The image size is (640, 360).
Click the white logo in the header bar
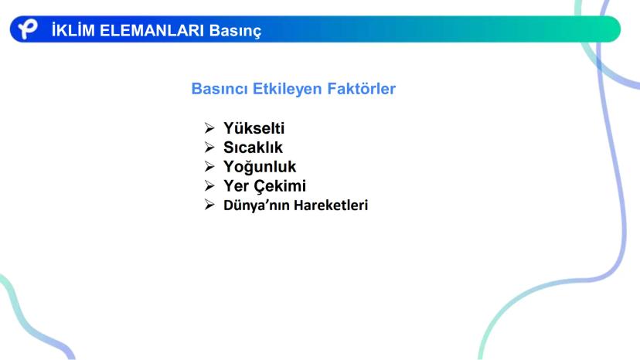pos(28,29)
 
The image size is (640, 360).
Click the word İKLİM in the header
pos(73,30)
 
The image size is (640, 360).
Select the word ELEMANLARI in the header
pos(151,31)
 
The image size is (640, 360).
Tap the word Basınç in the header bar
pos(235,31)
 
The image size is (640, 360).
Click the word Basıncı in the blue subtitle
pos(220,89)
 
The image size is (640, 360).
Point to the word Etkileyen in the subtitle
pos(288,89)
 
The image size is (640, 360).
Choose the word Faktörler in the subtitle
pos(362,89)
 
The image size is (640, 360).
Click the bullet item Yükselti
pos(254,128)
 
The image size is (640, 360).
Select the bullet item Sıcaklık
pos(253,148)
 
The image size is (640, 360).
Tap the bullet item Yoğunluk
pos(260,167)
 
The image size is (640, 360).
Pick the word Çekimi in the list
pos(280,186)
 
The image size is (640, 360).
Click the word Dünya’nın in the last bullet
pos(257,205)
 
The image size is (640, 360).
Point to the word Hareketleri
pos(331,205)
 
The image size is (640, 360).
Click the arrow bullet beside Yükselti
pos(209,128)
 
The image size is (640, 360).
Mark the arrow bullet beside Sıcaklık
pos(209,148)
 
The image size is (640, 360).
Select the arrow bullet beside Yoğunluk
pos(209,167)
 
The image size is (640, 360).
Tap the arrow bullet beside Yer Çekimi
pos(209,185)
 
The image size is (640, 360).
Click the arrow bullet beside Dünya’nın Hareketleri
pos(209,205)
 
